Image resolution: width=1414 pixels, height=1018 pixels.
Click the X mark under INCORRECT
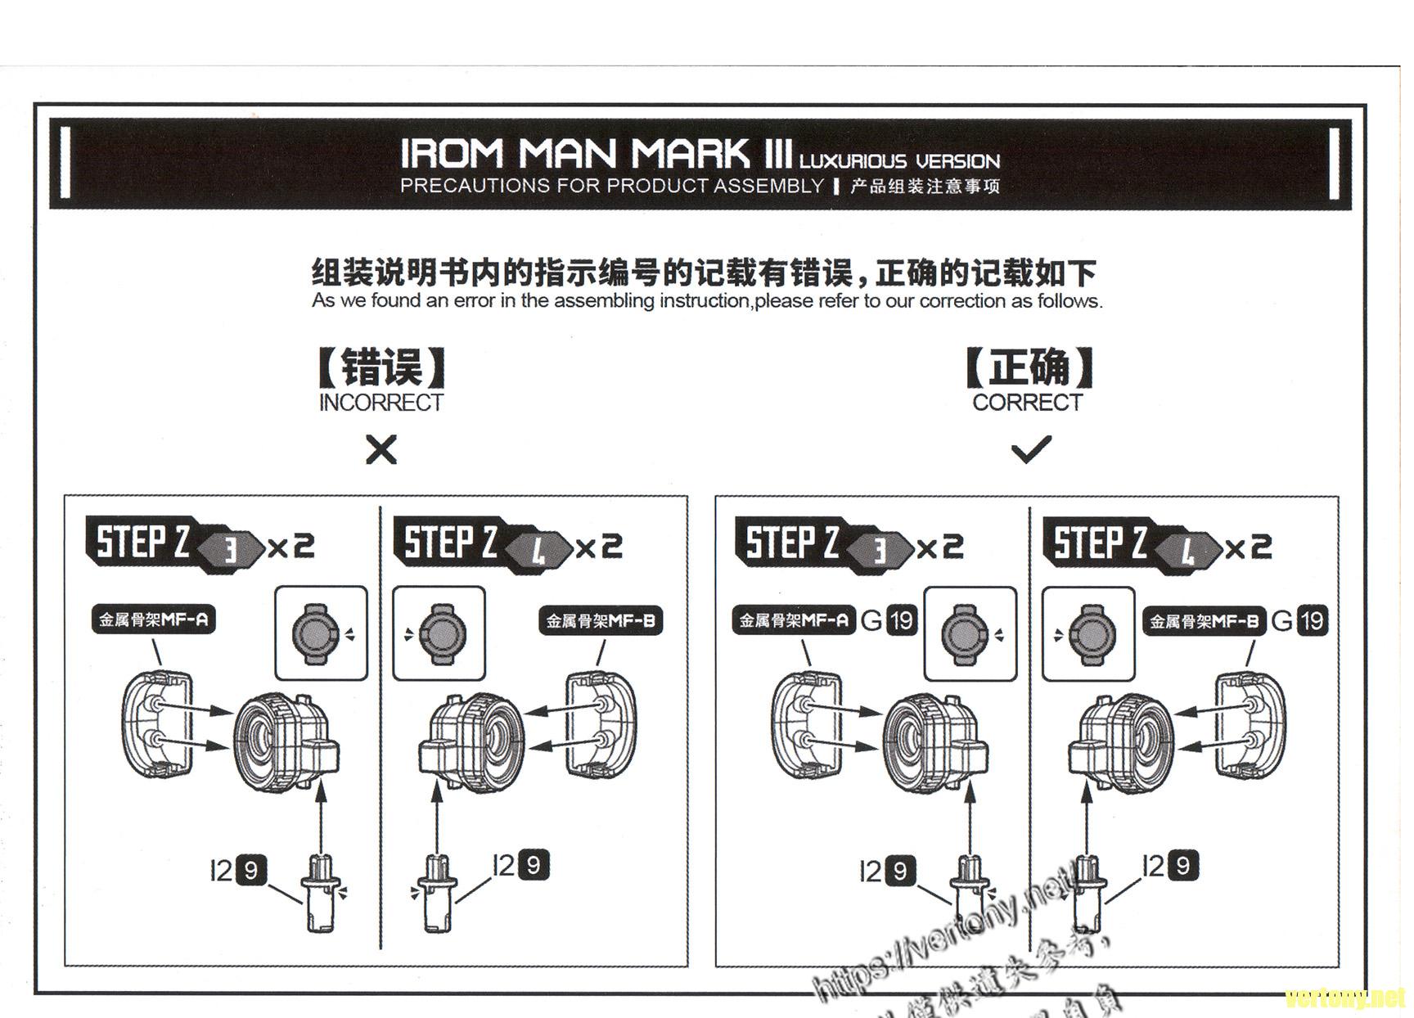click(x=381, y=449)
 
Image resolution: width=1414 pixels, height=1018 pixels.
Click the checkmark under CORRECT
click(x=1031, y=448)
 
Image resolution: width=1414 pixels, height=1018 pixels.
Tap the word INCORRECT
click(x=381, y=403)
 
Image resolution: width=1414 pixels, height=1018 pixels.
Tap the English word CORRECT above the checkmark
click(x=1027, y=403)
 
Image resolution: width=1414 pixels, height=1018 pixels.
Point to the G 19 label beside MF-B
click(x=1299, y=620)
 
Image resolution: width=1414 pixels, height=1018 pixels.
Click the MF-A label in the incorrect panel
click(x=154, y=619)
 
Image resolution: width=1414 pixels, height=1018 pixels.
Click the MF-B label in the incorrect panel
click(x=601, y=621)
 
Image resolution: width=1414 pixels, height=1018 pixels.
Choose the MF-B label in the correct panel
click(x=1204, y=621)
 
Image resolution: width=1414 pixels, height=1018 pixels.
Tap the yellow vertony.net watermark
click(x=1344, y=998)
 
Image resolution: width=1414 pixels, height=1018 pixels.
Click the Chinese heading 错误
click(x=381, y=367)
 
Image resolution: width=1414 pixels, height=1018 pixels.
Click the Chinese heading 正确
click(x=1029, y=367)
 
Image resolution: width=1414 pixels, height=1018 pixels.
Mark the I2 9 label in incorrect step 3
click(x=238, y=870)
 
